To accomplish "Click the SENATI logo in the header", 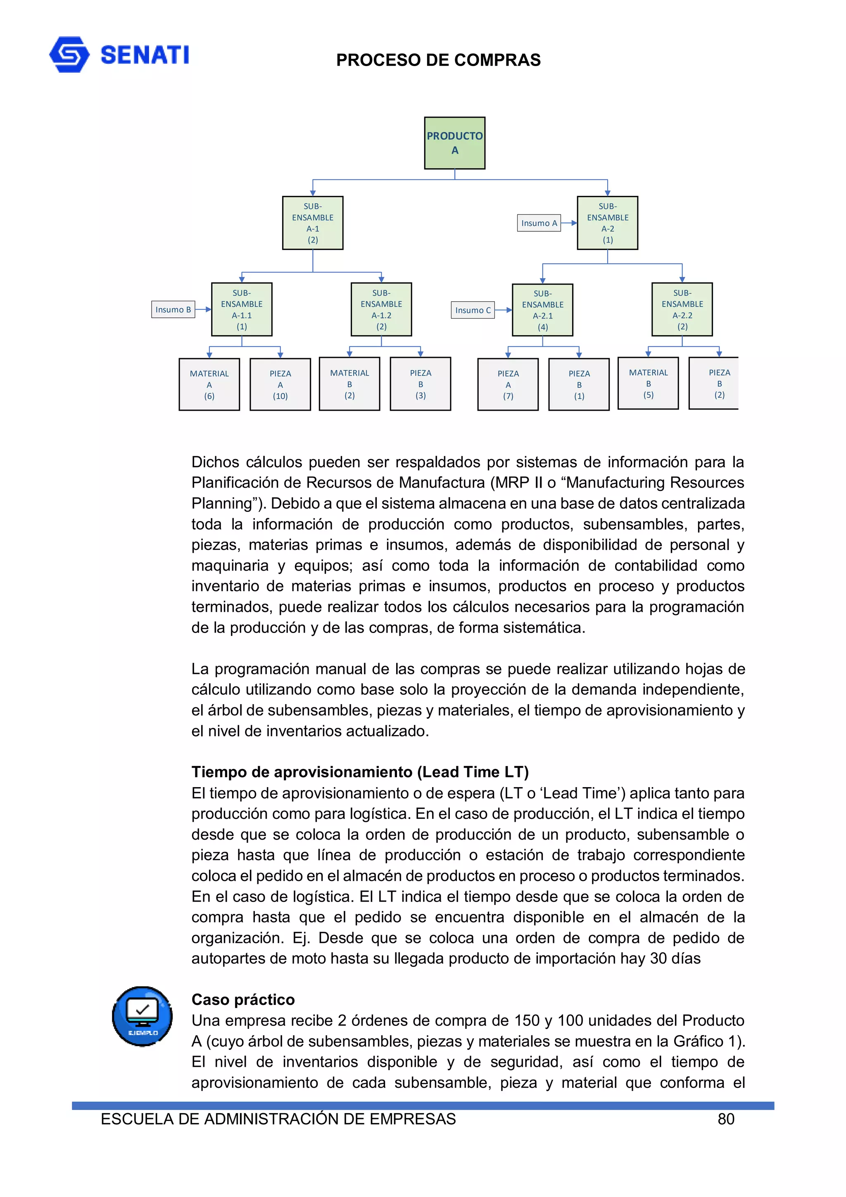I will pyautogui.click(x=119, y=54).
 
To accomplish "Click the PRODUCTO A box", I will pyautogui.click(x=454, y=143).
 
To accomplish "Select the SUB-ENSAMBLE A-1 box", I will pyautogui.click(x=312, y=223).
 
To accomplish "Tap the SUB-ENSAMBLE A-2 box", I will pyautogui.click(x=607, y=223).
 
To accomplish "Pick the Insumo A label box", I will pyautogui.click(x=539, y=223).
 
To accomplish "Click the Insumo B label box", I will pyautogui.click(x=173, y=309).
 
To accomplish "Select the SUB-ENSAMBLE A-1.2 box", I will pyautogui.click(x=381, y=309).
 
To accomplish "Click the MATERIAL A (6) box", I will pyautogui.click(x=209, y=384).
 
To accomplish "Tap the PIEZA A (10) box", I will pyautogui.click(x=280, y=384).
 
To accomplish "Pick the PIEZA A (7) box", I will pyautogui.click(x=508, y=384).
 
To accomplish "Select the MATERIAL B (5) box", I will pyautogui.click(x=648, y=383).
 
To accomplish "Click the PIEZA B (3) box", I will pyautogui.click(x=420, y=384).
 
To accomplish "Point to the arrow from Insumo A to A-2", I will pyautogui.click(x=569, y=223).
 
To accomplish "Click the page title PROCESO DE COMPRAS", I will pyautogui.click(x=438, y=60).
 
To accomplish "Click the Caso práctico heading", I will pyautogui.click(x=243, y=999).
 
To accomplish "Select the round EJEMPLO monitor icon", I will pyautogui.click(x=142, y=1016).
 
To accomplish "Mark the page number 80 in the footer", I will pyautogui.click(x=726, y=1119).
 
